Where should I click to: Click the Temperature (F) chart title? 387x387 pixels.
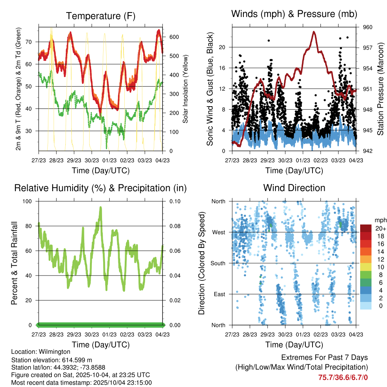coord(101,16)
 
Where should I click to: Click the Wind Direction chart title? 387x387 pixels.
coord(294,188)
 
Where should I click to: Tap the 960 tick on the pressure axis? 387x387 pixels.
coord(368,27)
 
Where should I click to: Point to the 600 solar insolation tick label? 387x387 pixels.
coord(174,37)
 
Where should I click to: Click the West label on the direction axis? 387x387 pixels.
coord(218,232)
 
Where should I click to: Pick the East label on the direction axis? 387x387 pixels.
coord(219,294)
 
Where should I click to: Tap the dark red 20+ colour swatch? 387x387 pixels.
coord(365,228)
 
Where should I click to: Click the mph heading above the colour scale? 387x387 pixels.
coord(380,220)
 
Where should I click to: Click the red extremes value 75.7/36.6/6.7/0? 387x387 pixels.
coord(343,377)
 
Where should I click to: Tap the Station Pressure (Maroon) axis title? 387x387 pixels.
coord(381,88)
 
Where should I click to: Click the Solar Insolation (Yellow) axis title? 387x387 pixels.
coord(186,88)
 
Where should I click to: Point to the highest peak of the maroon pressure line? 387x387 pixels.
coord(314,32)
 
